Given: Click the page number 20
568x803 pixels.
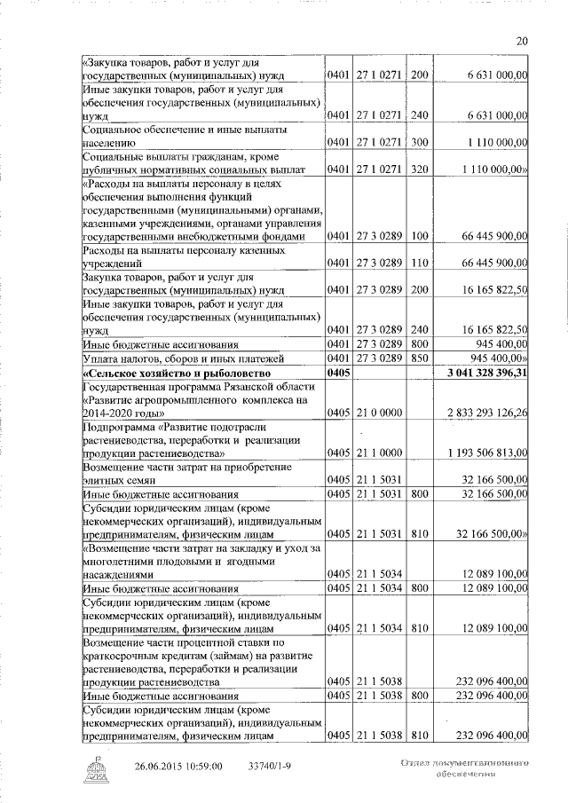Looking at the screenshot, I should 522,40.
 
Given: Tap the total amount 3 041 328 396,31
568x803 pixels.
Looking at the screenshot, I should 486,373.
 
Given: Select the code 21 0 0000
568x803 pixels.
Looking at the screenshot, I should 380,413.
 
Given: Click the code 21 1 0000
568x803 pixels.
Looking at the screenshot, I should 380,453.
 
